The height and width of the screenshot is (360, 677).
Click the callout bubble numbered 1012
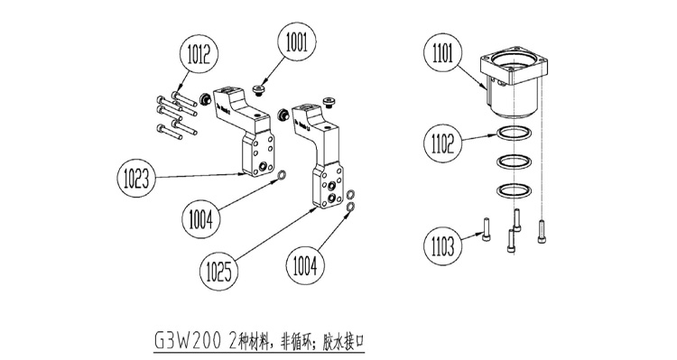(x=199, y=55)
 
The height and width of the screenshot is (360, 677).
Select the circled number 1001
(x=296, y=42)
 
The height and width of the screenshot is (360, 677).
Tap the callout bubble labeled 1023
(x=136, y=178)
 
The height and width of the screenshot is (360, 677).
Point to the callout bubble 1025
(x=219, y=271)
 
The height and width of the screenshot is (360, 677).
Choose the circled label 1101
(x=442, y=54)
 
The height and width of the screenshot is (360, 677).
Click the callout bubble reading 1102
(x=442, y=143)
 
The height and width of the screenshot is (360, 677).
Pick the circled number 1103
(x=442, y=246)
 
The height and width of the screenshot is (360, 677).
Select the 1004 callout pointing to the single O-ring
(x=200, y=219)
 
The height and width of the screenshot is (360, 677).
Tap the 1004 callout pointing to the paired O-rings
(x=305, y=264)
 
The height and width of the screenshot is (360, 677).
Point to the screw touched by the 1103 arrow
(x=486, y=229)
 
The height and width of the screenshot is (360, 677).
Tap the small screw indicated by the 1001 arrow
(x=258, y=90)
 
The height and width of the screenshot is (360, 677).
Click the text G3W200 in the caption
(x=188, y=341)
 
